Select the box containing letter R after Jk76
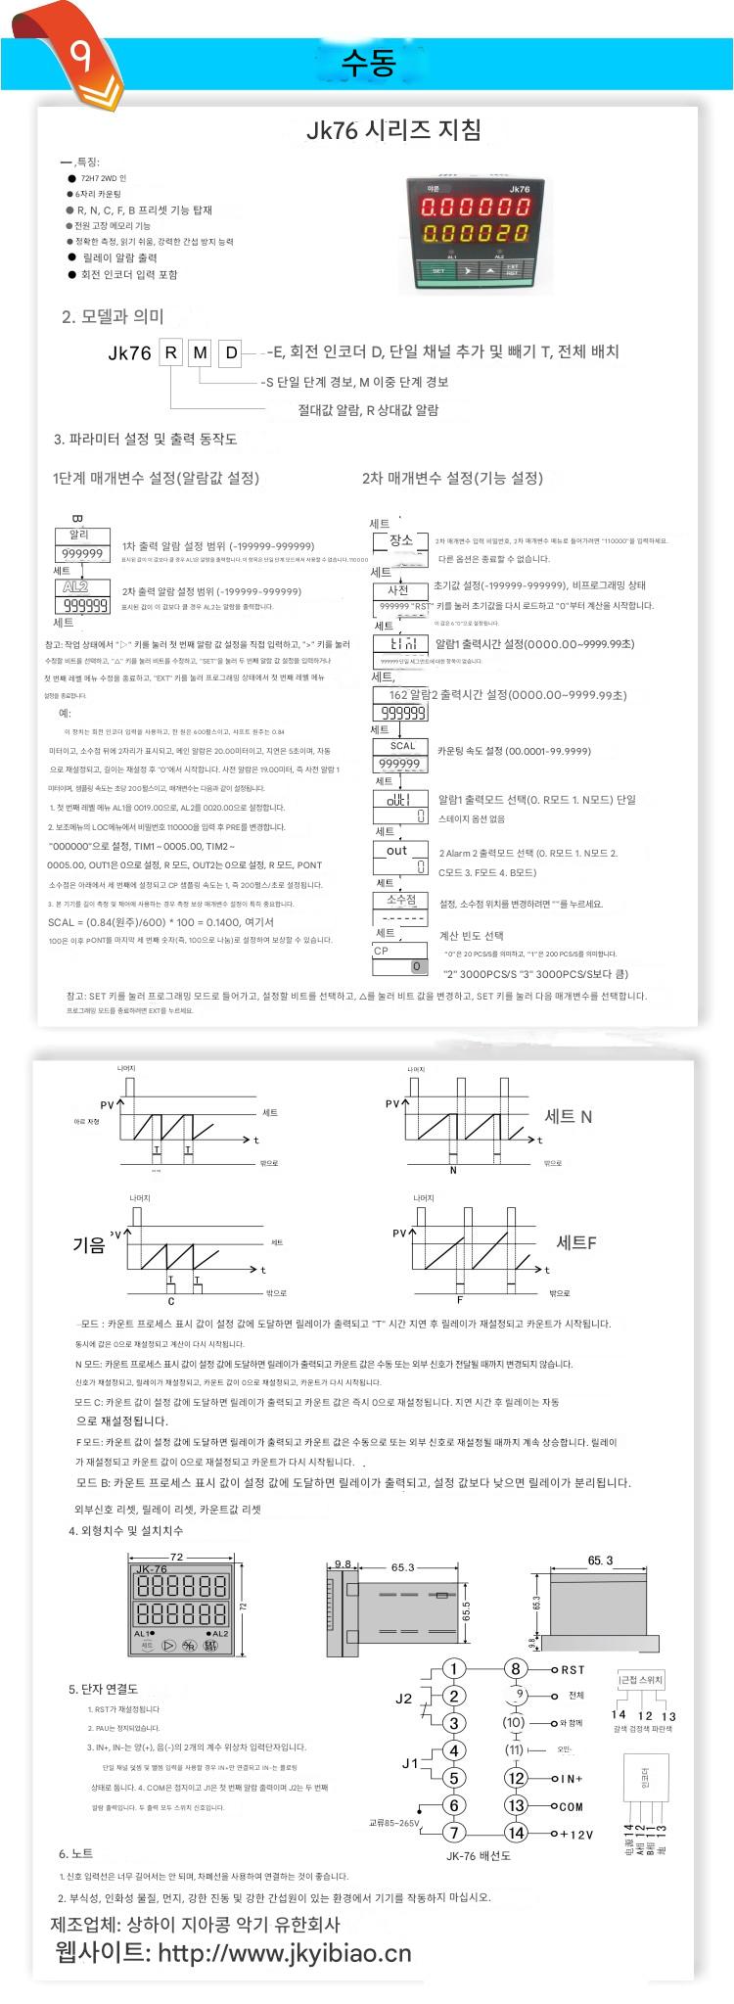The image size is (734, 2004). pyautogui.click(x=171, y=352)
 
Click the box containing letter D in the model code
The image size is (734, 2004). pyautogui.click(x=230, y=352)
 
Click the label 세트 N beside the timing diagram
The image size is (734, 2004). pyautogui.click(x=569, y=1116)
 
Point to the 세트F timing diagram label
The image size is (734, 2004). pyautogui.click(x=575, y=1242)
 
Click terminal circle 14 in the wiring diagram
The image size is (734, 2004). pyautogui.click(x=515, y=1833)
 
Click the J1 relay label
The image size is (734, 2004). pyautogui.click(x=410, y=1763)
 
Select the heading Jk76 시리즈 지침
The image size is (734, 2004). pyautogui.click(x=393, y=130)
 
